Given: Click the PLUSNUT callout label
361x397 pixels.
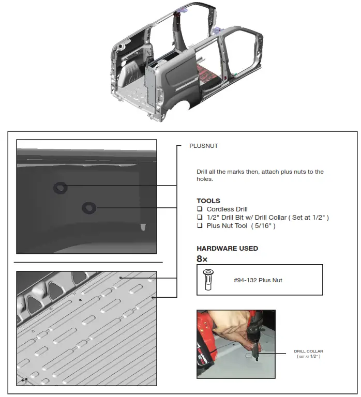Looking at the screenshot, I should (203, 146).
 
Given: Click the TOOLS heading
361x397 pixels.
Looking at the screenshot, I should (208, 201).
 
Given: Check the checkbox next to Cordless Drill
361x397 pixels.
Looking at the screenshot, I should (199, 209).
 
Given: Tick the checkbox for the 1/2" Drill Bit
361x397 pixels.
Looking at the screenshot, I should (199, 217).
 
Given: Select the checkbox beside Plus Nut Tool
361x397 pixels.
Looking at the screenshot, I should (199, 226).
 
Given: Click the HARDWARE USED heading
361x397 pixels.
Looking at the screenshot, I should (227, 248).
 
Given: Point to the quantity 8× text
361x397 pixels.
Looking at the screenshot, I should (203, 258).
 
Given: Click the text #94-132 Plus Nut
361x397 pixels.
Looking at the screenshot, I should (258, 280).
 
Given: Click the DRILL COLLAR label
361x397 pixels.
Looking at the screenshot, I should (308, 351).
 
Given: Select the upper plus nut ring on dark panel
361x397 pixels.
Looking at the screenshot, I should (61, 188).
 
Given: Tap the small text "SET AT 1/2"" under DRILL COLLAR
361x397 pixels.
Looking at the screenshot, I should (308, 357).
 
